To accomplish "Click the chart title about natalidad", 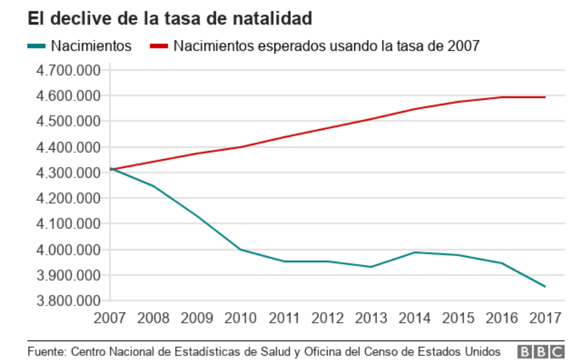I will tap(169, 19).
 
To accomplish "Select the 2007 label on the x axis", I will tap(111, 317).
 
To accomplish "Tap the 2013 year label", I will tap(371, 317).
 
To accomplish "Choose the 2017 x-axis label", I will tap(545, 317).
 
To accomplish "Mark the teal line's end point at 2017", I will tap(545, 287).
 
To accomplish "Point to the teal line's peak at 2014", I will tap(415, 252).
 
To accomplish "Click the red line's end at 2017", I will tap(545, 97).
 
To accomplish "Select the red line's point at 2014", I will tap(415, 108).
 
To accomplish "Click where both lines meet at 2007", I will tap(111, 170).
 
